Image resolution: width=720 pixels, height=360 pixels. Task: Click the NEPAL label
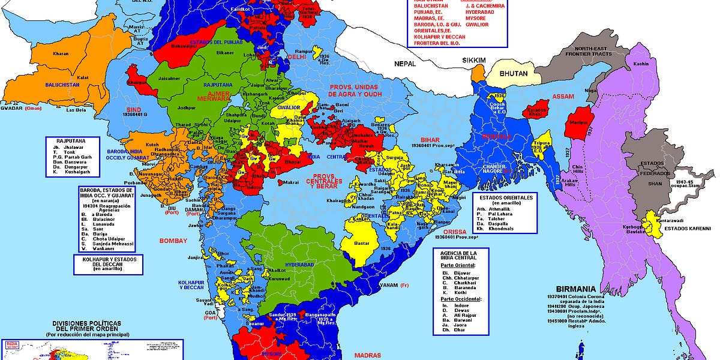tap(406, 63)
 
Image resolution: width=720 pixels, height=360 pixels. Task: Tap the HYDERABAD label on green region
tap(301, 264)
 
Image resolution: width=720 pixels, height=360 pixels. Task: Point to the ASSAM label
tap(563, 96)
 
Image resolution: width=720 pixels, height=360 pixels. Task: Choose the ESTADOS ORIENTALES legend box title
tap(503, 197)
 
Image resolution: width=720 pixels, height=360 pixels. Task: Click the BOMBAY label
tap(173, 241)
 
